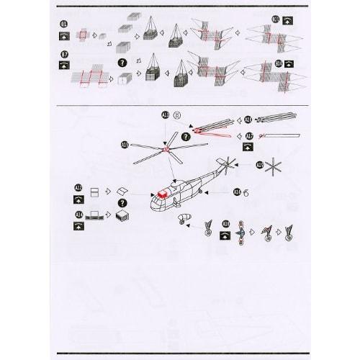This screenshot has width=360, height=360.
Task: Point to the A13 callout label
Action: click(x=166, y=115)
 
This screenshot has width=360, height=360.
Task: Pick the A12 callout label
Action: click(x=78, y=188)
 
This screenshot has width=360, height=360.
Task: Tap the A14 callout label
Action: click(x=78, y=214)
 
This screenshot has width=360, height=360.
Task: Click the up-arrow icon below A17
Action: click(x=248, y=146)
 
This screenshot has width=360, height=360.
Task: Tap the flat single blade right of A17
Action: click(x=282, y=135)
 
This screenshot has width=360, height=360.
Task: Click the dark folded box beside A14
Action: click(x=122, y=216)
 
